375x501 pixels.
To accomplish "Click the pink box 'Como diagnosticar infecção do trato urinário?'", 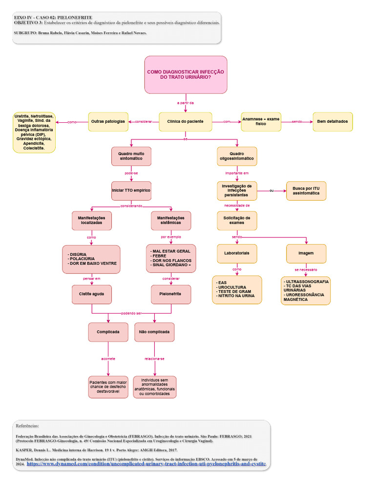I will (x=186, y=74).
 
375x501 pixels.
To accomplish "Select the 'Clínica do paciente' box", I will (x=186, y=121).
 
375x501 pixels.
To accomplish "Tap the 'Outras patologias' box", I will (x=108, y=121).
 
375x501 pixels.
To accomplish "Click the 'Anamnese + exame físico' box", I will (x=261, y=121).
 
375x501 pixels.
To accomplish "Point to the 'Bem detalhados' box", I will (x=333, y=121).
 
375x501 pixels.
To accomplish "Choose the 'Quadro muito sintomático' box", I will (x=131, y=157).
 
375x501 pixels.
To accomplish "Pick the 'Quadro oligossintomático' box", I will (x=237, y=157).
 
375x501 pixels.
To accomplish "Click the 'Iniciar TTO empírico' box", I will (x=131, y=190).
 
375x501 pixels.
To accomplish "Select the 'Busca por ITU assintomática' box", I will (x=306, y=191).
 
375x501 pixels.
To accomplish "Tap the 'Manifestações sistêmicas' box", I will (x=171, y=221).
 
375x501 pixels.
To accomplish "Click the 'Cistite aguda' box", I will (x=91, y=294).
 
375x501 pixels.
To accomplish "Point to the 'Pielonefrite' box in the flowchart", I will (x=171, y=294).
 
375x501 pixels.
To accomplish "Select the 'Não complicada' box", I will (x=154, y=332).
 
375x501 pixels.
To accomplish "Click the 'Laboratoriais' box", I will (x=237, y=253).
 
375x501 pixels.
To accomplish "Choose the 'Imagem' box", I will (x=306, y=253).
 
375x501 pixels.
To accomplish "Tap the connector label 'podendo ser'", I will (x=131, y=313).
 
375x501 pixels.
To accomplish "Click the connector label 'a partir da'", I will (x=186, y=103).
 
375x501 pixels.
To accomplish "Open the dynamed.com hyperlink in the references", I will (x=146, y=463).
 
